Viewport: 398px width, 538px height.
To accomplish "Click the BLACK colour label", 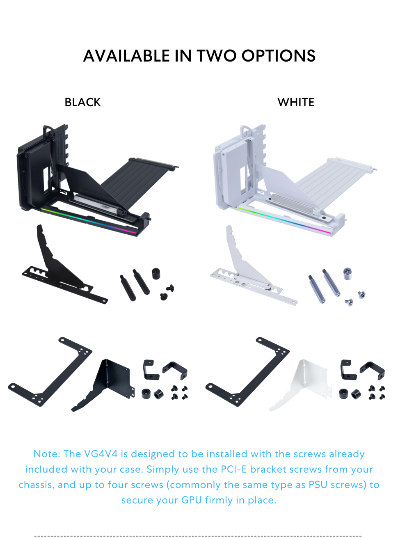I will click(82, 102).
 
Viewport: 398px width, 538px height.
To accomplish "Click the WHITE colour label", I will click(296, 102).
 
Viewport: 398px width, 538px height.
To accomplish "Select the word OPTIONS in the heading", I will click(279, 56).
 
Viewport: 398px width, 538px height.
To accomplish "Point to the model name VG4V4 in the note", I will click(101, 454).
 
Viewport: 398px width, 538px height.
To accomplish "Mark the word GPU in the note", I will click(192, 500).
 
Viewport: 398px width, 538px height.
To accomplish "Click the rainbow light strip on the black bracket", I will click(88, 220).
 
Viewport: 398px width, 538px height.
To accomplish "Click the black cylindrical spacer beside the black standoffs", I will click(156, 273).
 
